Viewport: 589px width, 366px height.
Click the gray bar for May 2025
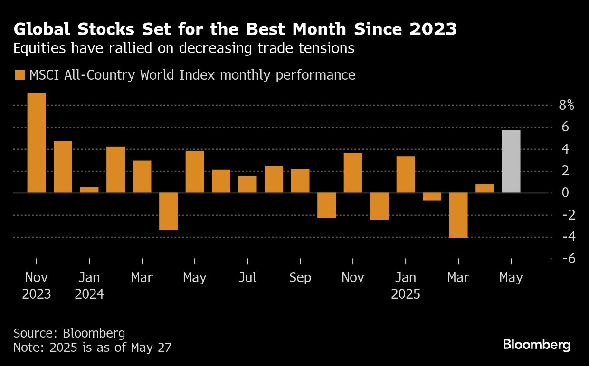point(511,161)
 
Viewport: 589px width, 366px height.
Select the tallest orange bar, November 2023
point(37,143)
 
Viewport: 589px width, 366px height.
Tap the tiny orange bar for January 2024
point(89,190)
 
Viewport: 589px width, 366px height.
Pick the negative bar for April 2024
point(168,211)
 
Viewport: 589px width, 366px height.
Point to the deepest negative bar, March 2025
point(458,215)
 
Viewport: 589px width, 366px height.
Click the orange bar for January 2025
point(406,174)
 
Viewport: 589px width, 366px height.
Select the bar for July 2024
point(247,184)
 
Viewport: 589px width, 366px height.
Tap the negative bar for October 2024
point(326,205)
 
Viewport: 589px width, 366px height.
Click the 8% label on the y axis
point(566,105)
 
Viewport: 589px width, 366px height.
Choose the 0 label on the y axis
point(566,193)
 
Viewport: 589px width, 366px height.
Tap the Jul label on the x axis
point(247,277)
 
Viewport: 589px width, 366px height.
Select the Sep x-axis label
point(300,277)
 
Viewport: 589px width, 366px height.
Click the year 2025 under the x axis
point(406,294)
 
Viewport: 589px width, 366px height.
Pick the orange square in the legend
point(20,75)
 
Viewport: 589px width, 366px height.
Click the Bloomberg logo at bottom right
point(536,345)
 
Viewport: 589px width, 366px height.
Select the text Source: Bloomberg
point(69,333)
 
